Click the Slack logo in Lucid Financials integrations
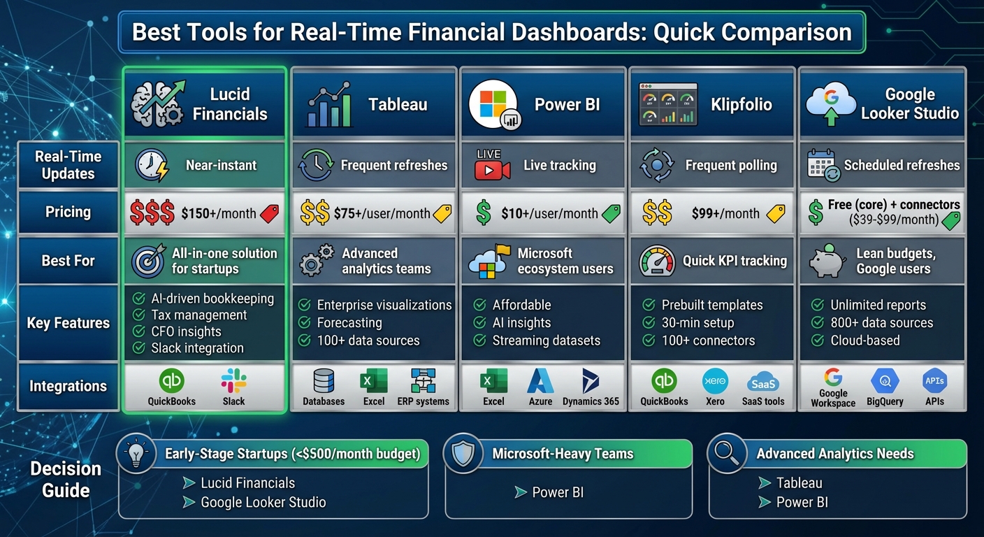233,381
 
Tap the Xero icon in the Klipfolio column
714,381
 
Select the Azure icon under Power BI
540,381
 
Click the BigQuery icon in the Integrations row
885,381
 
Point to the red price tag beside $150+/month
269,214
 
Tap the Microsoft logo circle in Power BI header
493,103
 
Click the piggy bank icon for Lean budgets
827,262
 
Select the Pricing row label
68,212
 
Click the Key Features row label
68,323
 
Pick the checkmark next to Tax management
138,315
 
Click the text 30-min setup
697,323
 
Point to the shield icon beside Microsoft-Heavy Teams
463,453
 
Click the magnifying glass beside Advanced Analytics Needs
725,453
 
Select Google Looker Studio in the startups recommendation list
263,502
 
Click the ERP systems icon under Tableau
424,381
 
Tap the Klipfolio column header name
741,105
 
